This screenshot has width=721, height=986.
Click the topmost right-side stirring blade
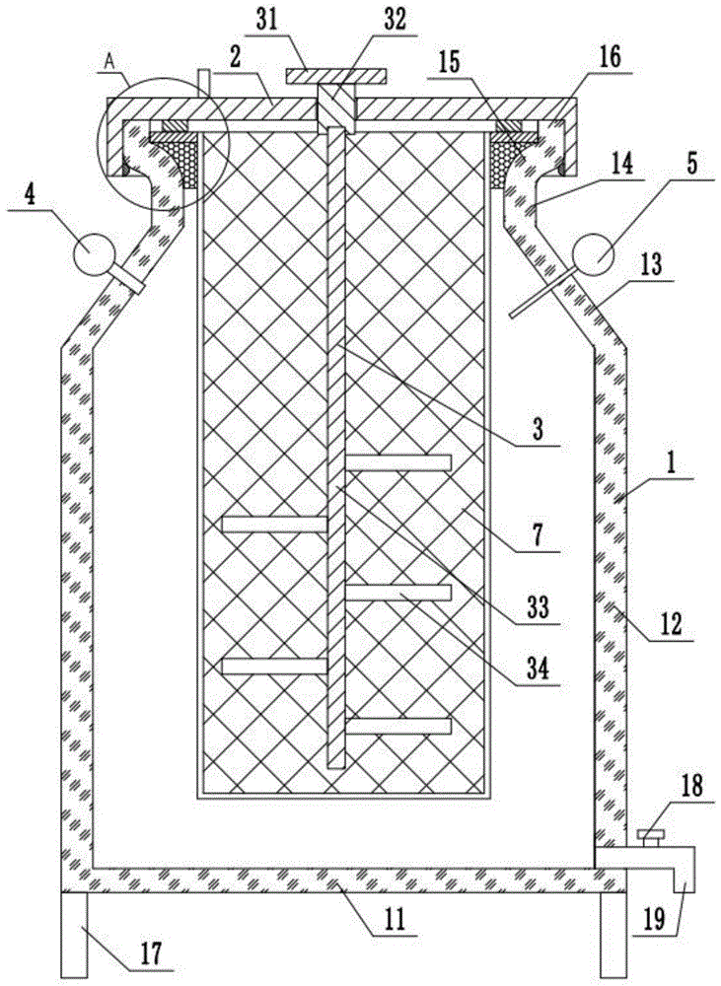pyautogui.click(x=398, y=462)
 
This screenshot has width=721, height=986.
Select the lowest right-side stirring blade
pyautogui.click(x=398, y=727)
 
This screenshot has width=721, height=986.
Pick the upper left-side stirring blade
pyautogui.click(x=273, y=524)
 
